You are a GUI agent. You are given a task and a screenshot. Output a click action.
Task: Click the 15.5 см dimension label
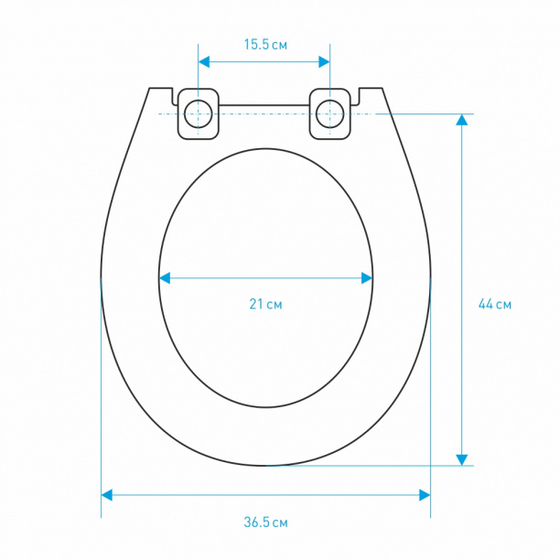pos(265,45)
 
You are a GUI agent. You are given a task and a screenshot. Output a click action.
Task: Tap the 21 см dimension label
pos(265,305)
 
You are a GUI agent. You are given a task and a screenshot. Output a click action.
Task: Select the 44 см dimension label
pos(495,305)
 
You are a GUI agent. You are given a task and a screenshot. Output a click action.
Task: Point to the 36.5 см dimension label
pos(265,522)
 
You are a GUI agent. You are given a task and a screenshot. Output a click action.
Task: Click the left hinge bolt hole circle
pos(199,114)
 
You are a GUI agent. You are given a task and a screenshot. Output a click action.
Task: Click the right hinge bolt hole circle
pos(330,114)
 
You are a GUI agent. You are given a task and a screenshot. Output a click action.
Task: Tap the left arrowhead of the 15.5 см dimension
pos(203,62)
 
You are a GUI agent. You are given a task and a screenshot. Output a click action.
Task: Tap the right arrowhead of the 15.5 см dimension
pos(324,62)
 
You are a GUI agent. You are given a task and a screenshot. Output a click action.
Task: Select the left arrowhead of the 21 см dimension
pos(165,278)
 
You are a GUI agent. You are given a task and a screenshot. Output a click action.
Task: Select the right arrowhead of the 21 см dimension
pos(367,278)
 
